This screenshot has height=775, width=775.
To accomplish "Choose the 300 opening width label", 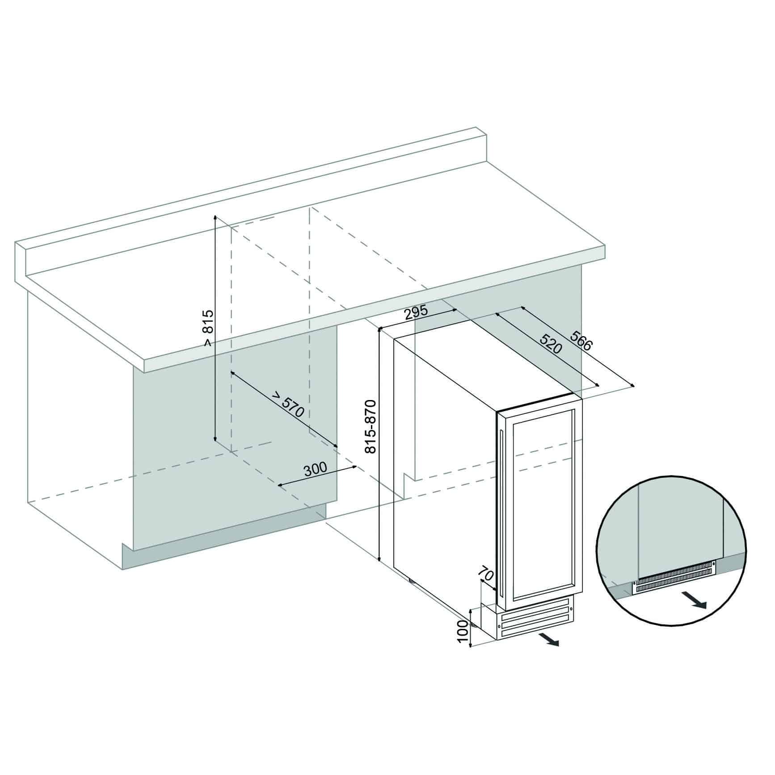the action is click(316, 470).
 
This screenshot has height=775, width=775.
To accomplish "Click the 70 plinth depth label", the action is click(486, 573).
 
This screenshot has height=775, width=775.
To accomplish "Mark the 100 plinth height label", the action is click(463, 632).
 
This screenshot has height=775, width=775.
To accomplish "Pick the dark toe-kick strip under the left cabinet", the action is click(223, 539).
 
